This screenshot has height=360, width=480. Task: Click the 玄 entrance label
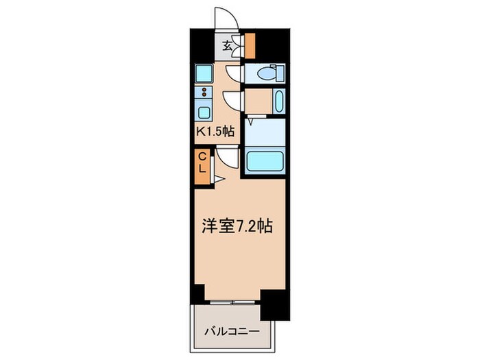tap(226, 47)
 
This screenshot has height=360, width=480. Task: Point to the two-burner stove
tap(204, 93)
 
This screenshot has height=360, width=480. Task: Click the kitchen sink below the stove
tap(204, 112)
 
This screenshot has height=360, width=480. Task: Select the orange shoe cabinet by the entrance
tap(250, 45)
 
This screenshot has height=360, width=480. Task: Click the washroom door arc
tap(234, 101)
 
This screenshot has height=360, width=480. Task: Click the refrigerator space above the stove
tap(204, 73)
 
